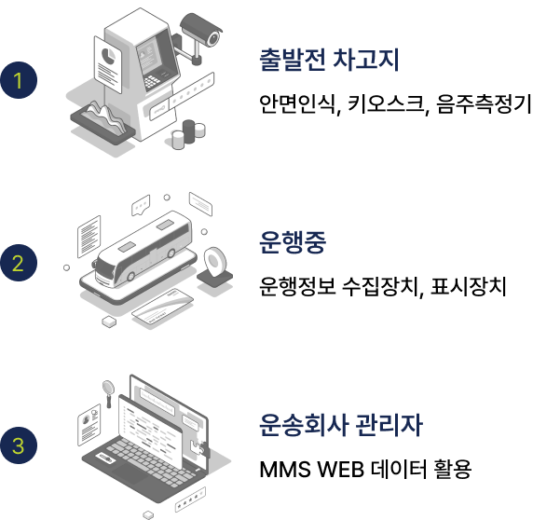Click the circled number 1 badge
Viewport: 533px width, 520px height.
point(19,80)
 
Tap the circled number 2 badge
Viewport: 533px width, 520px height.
point(19,263)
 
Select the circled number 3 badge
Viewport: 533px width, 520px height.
point(19,445)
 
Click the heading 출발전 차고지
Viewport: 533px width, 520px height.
point(329,60)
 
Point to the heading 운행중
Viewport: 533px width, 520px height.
point(293,242)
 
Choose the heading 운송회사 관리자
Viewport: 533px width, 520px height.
point(341,425)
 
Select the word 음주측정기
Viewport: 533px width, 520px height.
point(484,104)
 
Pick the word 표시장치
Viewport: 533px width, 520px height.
point(469,286)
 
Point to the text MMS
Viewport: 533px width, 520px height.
point(285,470)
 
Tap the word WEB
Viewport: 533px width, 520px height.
point(340,470)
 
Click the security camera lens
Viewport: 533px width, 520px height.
point(213,39)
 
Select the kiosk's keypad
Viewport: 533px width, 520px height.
point(151,82)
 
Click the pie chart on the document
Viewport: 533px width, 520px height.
point(108,56)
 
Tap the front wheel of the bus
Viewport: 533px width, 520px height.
point(130,277)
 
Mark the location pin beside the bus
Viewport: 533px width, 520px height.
point(215,263)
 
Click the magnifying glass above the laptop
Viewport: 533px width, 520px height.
point(108,392)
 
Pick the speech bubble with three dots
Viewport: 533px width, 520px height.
point(141,205)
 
